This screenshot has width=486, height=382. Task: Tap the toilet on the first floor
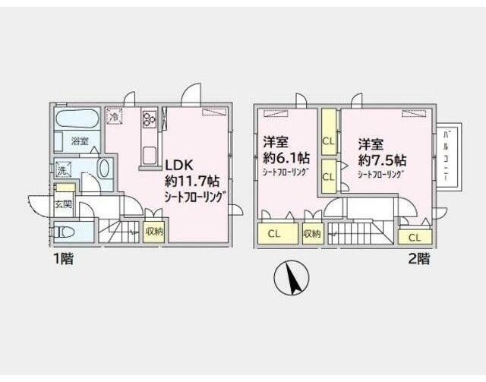pos(66,233)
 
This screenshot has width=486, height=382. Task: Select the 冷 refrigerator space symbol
pos(114,118)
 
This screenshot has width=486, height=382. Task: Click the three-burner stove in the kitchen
pos(148,119)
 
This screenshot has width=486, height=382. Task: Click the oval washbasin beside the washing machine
pos(104,169)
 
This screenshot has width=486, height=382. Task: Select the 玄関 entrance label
pos(63,204)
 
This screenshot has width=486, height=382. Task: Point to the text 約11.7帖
pos(193,182)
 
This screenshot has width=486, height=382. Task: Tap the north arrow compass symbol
pos(292,278)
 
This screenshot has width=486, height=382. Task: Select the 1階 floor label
pos(63,259)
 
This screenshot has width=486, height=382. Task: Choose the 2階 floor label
pos(418,259)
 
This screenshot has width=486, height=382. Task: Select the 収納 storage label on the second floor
pos(312,234)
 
